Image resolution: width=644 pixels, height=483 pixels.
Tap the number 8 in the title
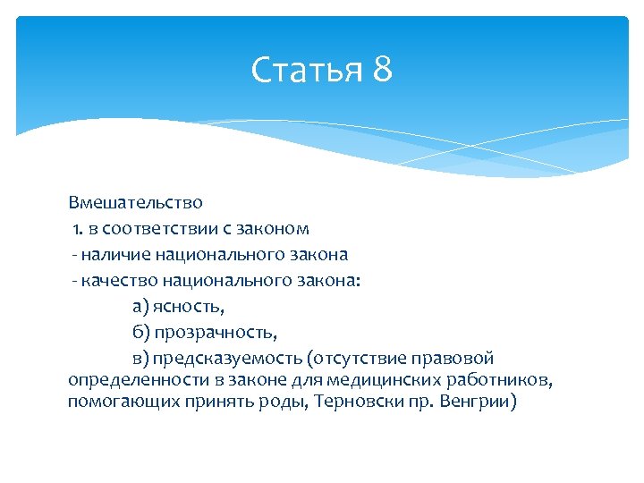[x=382, y=70]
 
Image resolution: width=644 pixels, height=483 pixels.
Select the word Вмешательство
[x=135, y=203]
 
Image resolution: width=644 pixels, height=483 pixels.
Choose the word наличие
[x=114, y=255]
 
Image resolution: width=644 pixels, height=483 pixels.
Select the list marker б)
[x=141, y=334]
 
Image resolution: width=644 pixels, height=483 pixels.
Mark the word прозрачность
[x=216, y=334]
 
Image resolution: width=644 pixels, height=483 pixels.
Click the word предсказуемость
[x=227, y=360]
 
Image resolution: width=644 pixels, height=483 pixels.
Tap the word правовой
[x=453, y=360]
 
